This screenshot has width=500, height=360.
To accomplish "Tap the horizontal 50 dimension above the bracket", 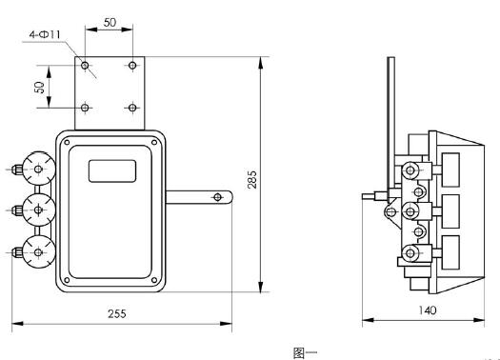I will pos(109,20).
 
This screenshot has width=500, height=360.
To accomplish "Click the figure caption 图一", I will pos(304,351).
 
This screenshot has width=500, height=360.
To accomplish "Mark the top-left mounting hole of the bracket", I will pos(86,66).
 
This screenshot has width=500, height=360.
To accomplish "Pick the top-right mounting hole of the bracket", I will pos(132,66).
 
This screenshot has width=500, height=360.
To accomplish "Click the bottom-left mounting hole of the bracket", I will pos(86,107).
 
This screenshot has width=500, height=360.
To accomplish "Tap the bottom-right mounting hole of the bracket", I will pos(132,107).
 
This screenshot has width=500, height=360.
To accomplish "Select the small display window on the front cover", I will pos(112,171).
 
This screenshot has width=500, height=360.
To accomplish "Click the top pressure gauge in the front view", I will pos(39,170).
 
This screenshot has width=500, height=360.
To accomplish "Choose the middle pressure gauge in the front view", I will pos(39,209).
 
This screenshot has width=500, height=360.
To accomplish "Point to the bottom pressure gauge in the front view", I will pos(39,250).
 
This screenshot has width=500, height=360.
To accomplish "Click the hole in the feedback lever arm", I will pos(218,197).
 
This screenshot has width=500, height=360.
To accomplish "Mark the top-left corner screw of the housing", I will pos(70,144).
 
